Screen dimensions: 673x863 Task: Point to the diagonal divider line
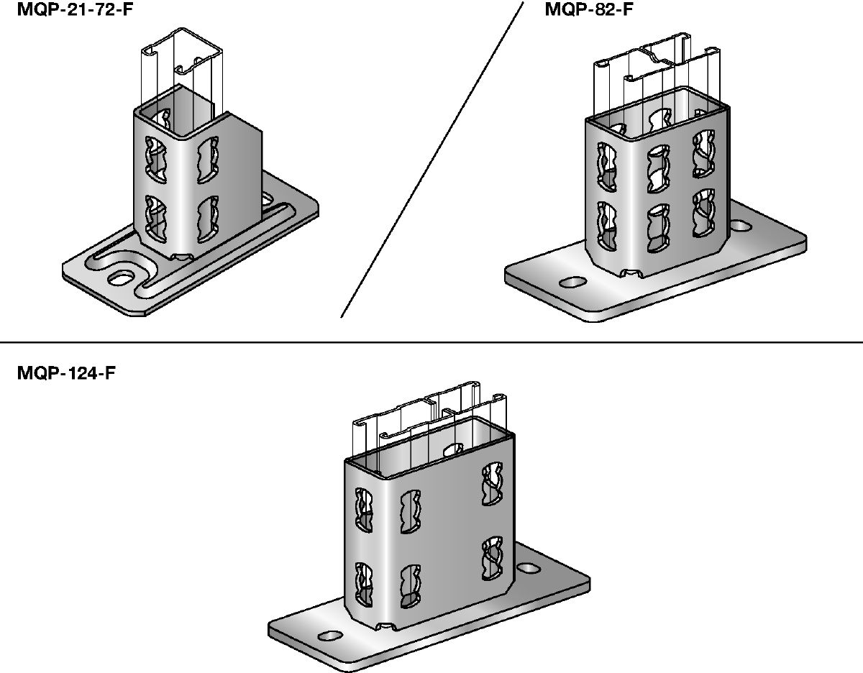point(431,158)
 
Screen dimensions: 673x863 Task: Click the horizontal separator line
point(431,342)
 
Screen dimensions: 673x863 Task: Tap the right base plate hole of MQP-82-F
point(741,227)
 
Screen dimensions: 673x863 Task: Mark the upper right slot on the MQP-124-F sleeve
point(493,482)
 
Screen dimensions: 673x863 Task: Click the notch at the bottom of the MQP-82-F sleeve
point(632,273)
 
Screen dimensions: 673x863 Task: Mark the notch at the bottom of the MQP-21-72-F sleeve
point(181,255)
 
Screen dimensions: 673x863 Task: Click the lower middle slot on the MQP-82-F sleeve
point(658,230)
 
